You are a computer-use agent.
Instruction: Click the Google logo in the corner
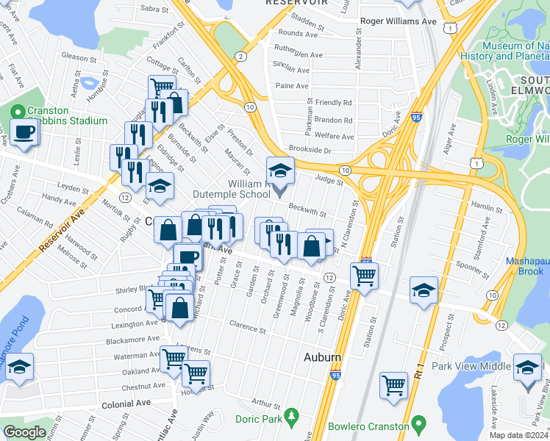[24, 432]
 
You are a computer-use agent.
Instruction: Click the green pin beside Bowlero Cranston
[418, 424]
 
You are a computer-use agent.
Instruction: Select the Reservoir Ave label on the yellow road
[63, 229]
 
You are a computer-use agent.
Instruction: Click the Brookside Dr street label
[310, 150]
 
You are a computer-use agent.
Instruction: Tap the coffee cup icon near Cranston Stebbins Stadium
[26, 132]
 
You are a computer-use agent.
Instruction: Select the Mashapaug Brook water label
[527, 266]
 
